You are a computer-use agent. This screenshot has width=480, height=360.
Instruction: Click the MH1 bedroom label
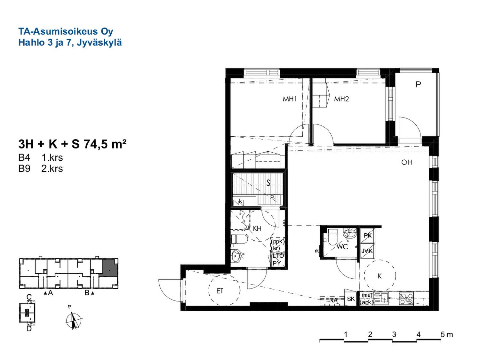coord(290,99)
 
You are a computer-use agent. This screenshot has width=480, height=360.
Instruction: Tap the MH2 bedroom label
coord(341,99)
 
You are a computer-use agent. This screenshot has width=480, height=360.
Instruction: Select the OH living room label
coord(406,163)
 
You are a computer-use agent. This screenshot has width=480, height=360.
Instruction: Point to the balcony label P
coord(418,84)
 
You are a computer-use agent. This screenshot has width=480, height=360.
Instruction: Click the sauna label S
coord(268,183)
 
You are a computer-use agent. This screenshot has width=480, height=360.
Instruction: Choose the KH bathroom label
coord(257,228)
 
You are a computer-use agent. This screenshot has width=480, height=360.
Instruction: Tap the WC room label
coord(342,247)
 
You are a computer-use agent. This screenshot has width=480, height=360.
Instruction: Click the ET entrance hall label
coord(220,291)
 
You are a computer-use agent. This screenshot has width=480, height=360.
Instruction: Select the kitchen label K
coord(380,276)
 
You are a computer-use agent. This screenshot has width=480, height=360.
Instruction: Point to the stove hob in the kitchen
coord(406,299)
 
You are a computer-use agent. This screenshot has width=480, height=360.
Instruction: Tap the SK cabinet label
coord(351,299)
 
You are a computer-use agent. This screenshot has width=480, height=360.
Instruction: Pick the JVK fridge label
coord(367,251)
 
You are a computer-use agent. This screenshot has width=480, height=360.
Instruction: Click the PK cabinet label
coord(368,236)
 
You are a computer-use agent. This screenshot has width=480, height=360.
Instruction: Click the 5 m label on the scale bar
coord(447,335)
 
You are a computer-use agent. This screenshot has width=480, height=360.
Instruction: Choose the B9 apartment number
coord(24,169)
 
